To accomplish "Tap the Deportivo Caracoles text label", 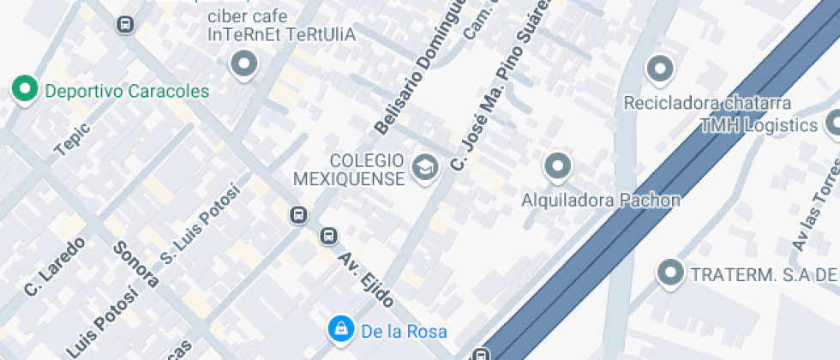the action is (127, 91).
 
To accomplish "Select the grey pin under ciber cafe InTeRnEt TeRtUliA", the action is (245, 64).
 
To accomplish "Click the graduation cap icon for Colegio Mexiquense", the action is (423, 167).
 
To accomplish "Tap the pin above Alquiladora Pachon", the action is (558, 166).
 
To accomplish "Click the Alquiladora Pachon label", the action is (601, 200).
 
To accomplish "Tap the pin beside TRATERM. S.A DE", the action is (669, 273).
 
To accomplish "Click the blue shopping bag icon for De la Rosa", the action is (340, 328).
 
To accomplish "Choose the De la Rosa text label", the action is (404, 331).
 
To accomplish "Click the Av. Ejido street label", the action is (366, 279).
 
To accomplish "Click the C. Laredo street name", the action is (55, 267).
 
